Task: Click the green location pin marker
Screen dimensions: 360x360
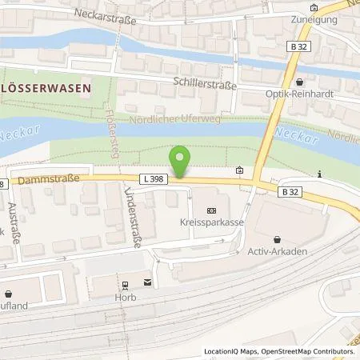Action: click(181, 160)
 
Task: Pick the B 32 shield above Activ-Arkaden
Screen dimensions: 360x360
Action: click(292, 192)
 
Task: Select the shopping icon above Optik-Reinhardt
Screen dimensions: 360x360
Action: click(299, 82)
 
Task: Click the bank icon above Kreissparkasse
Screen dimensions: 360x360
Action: click(210, 210)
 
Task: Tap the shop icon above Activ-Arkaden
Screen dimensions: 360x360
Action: click(276, 238)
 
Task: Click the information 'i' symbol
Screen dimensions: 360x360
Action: click(319, 174)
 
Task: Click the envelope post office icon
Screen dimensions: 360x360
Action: click(148, 281)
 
